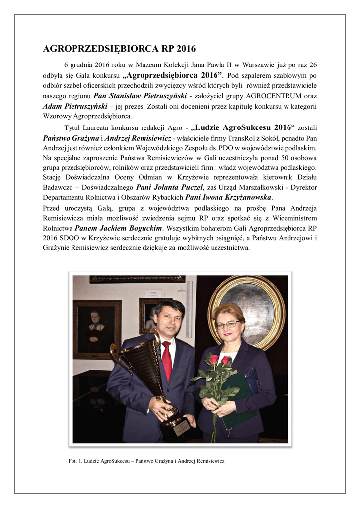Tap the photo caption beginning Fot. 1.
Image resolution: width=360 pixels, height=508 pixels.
point(146,461)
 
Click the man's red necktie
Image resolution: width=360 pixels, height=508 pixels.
point(167,362)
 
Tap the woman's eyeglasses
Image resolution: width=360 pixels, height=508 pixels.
point(227,325)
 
